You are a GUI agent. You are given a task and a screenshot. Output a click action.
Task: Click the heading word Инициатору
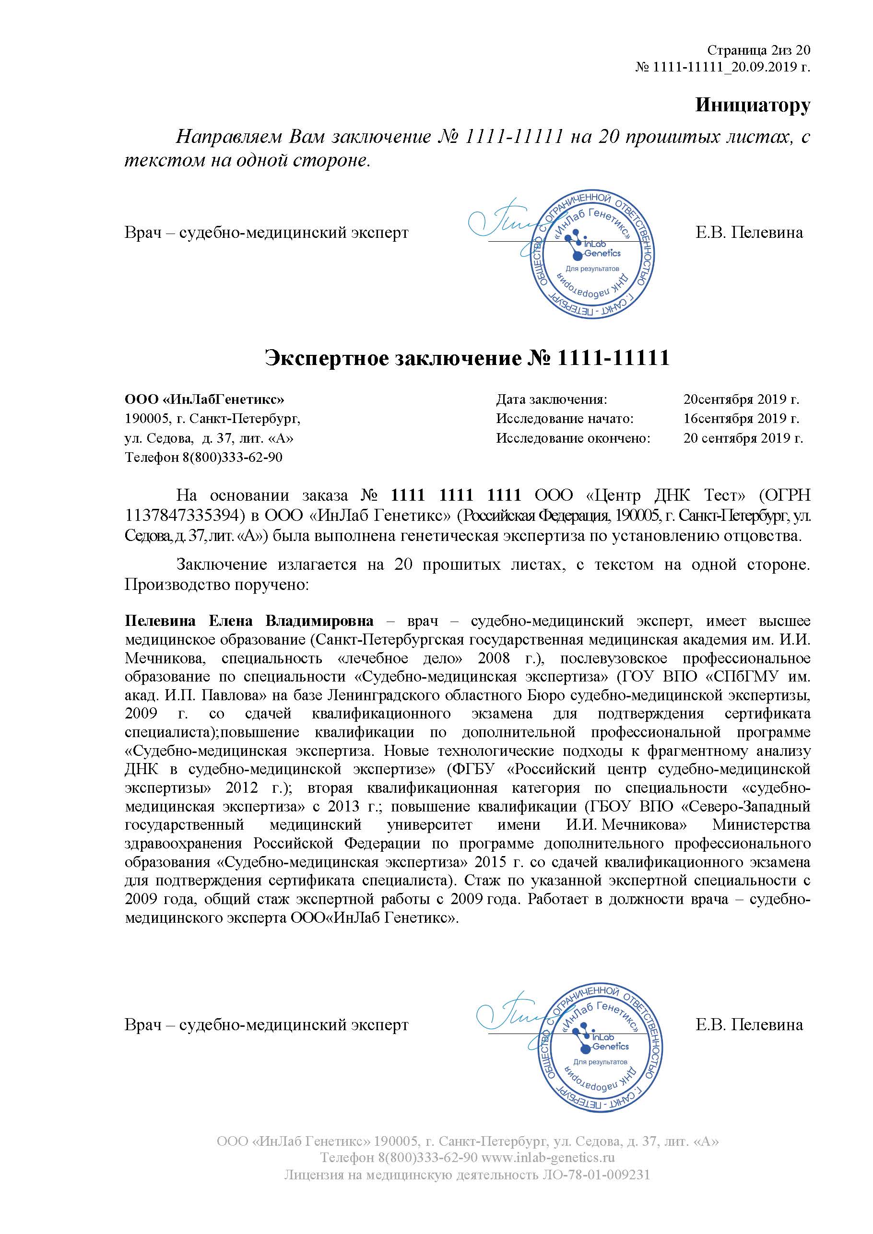pyautogui.click(x=752, y=105)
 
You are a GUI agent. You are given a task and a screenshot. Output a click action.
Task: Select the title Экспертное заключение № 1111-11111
pyautogui.click(x=467, y=358)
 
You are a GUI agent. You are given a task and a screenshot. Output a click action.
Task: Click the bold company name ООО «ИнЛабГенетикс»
pyautogui.click(x=204, y=400)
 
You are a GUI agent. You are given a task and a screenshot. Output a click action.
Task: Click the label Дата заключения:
pyautogui.click(x=552, y=400)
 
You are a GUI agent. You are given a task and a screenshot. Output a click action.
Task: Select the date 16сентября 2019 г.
pyautogui.click(x=741, y=419)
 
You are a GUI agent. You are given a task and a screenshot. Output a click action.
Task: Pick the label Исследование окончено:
pyautogui.click(x=573, y=438)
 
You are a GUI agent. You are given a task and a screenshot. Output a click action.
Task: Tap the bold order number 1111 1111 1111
pyautogui.click(x=456, y=495)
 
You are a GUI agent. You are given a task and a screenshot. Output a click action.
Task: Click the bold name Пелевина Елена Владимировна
pyautogui.click(x=249, y=621)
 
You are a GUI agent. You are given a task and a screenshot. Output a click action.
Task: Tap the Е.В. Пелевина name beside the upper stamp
pyautogui.click(x=749, y=233)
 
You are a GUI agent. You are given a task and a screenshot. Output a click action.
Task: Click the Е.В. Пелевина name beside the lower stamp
pyautogui.click(x=749, y=1025)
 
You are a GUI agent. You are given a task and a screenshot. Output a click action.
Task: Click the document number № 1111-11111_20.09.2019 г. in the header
pyautogui.click(x=722, y=67)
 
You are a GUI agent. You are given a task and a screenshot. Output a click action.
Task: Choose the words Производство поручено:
pyautogui.click(x=217, y=584)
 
